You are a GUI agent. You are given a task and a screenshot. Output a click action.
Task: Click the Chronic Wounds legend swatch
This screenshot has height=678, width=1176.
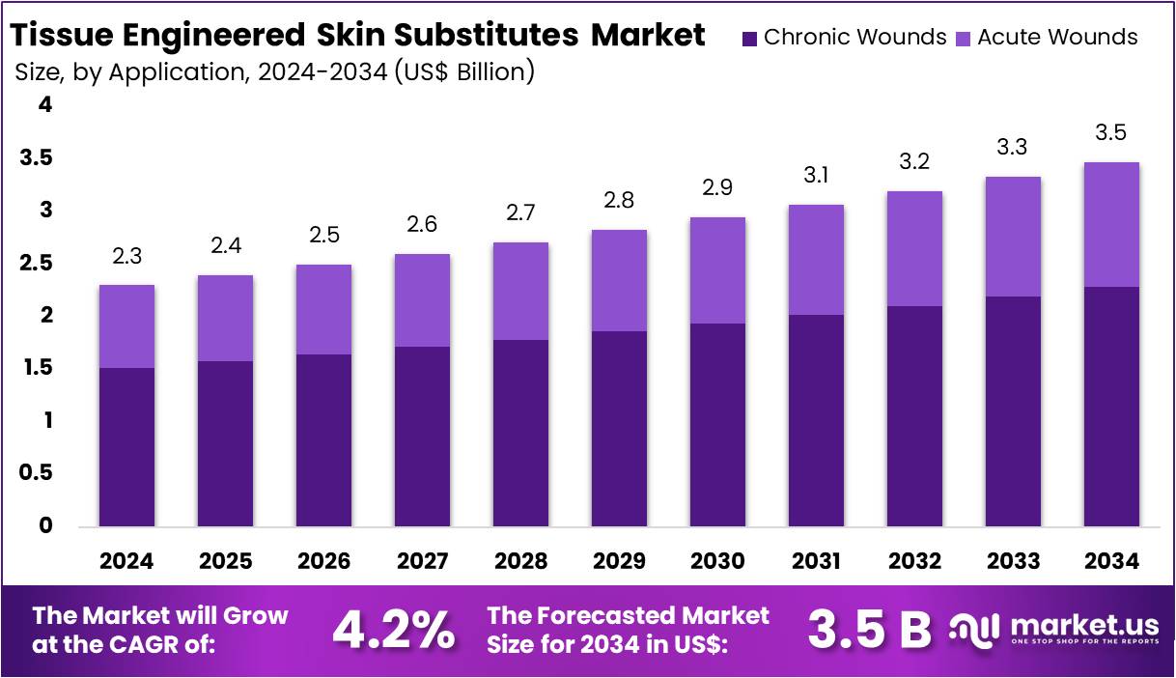coord(750,39)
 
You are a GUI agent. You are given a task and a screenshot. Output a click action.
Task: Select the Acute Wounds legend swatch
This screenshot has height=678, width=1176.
coord(964,39)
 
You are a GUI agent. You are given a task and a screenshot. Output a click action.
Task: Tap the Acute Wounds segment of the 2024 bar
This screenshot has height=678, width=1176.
coord(126,326)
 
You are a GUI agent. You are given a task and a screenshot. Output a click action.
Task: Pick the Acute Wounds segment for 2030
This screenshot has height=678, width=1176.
coord(717,270)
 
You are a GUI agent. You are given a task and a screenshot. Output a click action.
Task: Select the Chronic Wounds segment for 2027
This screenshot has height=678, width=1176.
coord(422,437)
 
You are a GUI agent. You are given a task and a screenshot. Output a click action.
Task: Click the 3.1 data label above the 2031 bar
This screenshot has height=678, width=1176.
coord(816,176)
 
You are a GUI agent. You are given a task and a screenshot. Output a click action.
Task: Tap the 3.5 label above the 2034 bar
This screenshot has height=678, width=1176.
coord(1111,133)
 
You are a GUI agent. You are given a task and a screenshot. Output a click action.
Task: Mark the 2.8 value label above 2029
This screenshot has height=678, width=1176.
coord(619,201)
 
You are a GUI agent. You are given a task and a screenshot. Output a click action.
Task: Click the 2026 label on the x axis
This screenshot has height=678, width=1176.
coord(323,561)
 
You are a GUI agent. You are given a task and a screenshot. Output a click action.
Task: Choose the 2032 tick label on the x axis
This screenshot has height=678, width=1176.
coord(914,561)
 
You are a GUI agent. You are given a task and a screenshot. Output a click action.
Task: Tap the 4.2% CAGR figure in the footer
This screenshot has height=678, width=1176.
coord(393,631)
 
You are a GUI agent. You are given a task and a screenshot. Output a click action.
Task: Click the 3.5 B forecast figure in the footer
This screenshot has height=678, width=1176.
coord(869,631)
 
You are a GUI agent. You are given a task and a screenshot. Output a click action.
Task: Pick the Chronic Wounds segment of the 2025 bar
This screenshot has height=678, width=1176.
coord(225,444)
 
